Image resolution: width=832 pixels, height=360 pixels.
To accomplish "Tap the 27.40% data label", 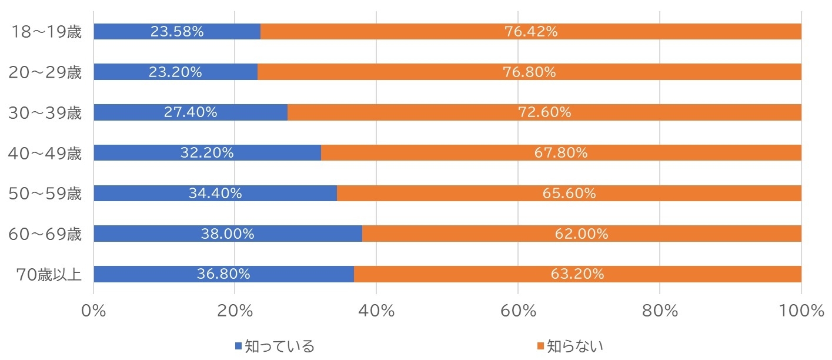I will pos(190,112).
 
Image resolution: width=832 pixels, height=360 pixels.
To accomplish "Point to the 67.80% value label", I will pos(560,153).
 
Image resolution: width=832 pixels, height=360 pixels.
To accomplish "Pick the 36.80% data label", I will pos(223,274).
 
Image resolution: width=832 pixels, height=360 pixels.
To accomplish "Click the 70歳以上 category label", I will pos(49,275).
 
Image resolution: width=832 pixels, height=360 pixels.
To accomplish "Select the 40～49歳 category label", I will pos(45,153).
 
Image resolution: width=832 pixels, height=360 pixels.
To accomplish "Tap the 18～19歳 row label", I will pos(45,32).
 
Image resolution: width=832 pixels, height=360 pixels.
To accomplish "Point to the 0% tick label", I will pos(93,312).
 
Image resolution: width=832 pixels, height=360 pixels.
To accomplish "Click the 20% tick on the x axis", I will pos(235,312).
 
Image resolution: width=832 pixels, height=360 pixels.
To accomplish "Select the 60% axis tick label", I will pos(517,312).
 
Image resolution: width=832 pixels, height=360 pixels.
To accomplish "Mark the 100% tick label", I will pos(801,312).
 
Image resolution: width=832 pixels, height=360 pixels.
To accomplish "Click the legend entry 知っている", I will pos(279,346).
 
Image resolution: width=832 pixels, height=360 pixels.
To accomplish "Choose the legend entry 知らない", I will pos(574,346).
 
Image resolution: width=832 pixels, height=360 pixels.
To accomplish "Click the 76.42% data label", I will pos(530,32).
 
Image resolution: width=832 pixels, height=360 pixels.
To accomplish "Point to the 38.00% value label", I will pos(227,234).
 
